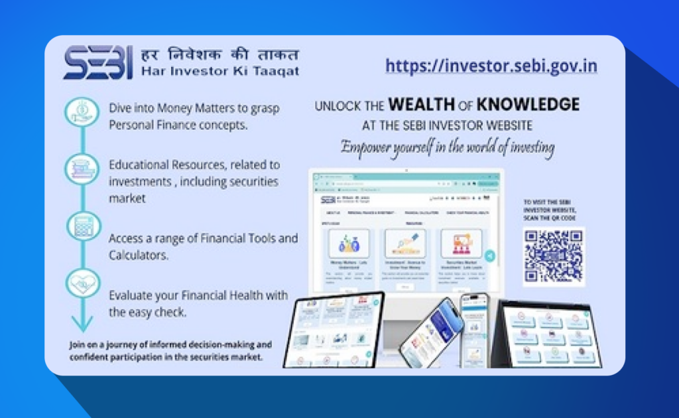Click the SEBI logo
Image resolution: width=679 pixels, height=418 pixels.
click(x=98, y=62)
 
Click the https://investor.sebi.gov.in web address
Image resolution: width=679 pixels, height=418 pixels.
click(x=491, y=66)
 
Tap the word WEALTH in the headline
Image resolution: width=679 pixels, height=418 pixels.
click(x=421, y=104)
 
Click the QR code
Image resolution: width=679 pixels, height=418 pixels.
click(x=554, y=257)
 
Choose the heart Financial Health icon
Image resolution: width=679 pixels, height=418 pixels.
click(x=82, y=283)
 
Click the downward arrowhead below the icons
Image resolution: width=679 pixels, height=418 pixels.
click(x=82, y=324)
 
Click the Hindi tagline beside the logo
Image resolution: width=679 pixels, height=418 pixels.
click(x=219, y=54)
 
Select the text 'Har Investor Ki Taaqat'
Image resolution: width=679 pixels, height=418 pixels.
click(x=219, y=71)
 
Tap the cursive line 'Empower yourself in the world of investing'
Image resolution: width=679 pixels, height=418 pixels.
click(x=448, y=147)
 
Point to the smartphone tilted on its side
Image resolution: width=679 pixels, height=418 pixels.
click(x=431, y=332)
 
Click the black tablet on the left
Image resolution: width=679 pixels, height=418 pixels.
click(x=334, y=329)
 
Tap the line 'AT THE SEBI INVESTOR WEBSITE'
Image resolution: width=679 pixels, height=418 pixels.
click(x=448, y=125)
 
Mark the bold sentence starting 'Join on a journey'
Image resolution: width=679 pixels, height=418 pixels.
click(x=170, y=350)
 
